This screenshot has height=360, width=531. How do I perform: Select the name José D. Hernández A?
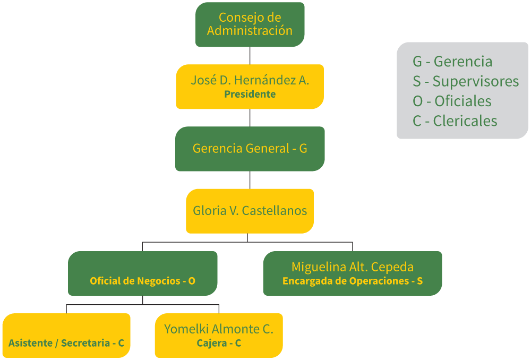pos(250,80)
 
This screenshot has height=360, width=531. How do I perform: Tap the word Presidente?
pos(250,95)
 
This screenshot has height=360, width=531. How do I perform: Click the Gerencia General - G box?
pos(250,149)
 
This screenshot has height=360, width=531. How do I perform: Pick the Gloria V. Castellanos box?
pos(250,211)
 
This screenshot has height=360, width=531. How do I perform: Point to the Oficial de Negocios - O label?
pos(142,281)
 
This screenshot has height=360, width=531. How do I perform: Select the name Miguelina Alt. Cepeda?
pos(352,267)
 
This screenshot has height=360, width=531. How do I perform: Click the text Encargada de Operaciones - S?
pos(352,281)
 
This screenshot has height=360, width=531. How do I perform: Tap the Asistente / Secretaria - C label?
pos(66,343)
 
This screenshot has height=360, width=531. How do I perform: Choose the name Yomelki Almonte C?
pos(218,329)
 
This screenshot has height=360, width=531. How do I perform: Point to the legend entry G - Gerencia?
pos(452,62)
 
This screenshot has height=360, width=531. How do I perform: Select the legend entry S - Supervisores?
pos(465,81)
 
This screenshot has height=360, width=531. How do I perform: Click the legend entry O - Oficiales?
pos(452,101)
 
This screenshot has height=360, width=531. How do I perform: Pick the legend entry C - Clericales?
pos(455,121)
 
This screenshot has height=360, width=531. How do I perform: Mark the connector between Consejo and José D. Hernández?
pos(250,56)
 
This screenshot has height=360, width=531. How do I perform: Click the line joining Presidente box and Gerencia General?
pos(250,118)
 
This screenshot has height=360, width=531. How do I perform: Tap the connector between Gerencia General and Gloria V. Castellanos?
pos(250,180)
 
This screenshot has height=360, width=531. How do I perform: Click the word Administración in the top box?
pos(250,31)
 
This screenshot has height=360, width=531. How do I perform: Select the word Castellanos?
pos(274,211)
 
